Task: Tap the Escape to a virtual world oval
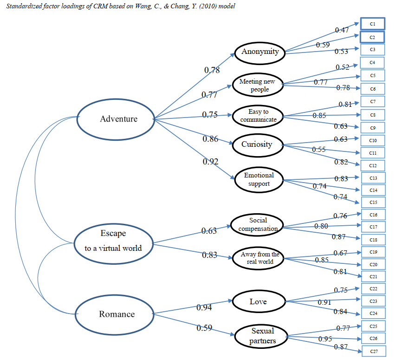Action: coord(113,241)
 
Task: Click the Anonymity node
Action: coord(260,52)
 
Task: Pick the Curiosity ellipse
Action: coord(256,144)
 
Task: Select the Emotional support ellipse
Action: coord(259,179)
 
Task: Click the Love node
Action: coord(258,302)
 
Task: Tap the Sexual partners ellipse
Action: coord(262,336)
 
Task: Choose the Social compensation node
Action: coord(258,224)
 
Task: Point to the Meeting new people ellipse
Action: coord(257,85)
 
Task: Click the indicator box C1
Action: coord(372,24)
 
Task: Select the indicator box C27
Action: coord(373,352)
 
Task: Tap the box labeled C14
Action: coord(373,190)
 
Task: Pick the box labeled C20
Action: coord(373,264)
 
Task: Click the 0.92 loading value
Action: coord(210,162)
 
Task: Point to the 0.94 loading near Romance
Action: coord(204,307)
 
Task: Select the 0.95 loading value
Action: coord(325,339)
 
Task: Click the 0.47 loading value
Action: coord(342,30)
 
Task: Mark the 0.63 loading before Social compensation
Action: coord(209,231)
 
